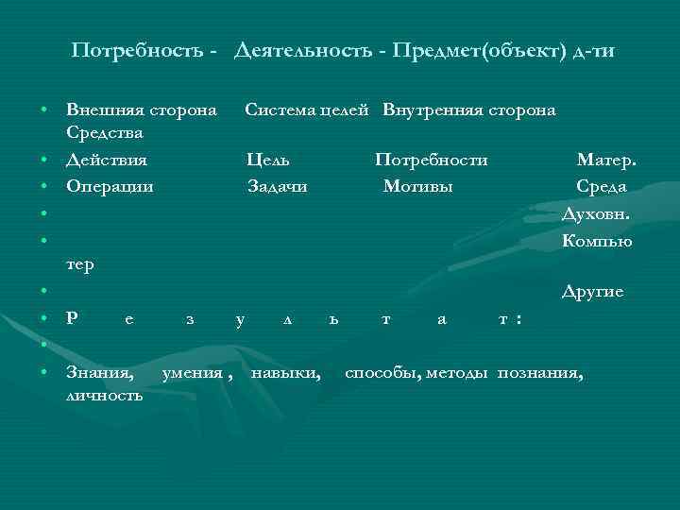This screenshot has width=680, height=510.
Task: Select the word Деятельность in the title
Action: click(x=306, y=50)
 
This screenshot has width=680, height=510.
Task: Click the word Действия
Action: click(x=106, y=161)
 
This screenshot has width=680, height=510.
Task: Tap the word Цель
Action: click(x=267, y=161)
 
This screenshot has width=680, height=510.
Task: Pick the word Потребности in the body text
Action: click(x=431, y=161)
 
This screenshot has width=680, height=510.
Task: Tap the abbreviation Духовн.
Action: click(x=595, y=214)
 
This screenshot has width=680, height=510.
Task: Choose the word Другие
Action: click(x=592, y=292)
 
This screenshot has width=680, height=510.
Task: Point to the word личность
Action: click(x=105, y=395)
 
